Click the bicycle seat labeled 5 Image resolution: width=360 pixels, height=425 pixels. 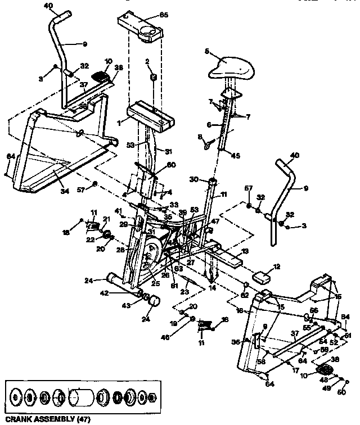[x=230, y=70]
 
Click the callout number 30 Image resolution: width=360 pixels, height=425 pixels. [x=195, y=180]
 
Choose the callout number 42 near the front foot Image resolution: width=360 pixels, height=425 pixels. [x=120, y=292]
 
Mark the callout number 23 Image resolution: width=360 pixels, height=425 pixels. [x=184, y=292]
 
